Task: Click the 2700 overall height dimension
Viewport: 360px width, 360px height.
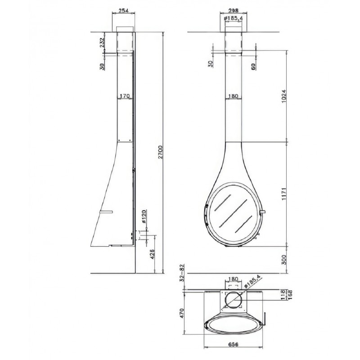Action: [x=161, y=152]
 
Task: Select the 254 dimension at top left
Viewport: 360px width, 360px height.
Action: [x=123, y=10]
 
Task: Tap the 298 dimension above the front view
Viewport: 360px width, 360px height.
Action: [x=234, y=10]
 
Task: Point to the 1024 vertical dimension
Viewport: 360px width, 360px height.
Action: [x=284, y=96]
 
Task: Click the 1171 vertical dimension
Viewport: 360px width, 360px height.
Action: [x=284, y=194]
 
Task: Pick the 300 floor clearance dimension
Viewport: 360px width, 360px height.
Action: [x=284, y=260]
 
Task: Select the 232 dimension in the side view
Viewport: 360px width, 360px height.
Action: [x=102, y=42]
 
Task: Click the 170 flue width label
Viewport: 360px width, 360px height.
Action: [x=125, y=96]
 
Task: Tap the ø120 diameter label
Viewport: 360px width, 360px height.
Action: [x=144, y=216]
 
